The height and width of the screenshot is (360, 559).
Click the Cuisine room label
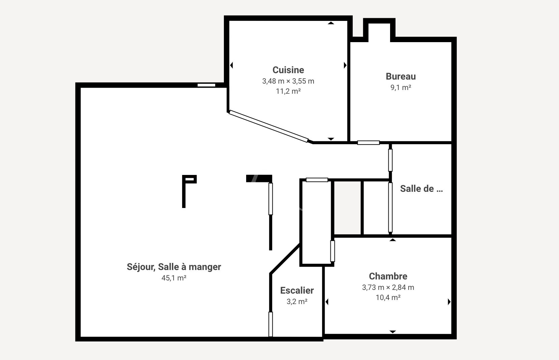[x=288, y=70]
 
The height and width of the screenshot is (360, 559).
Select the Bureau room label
[x=401, y=77]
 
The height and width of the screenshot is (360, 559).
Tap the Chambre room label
[x=388, y=276]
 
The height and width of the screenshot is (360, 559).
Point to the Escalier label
[x=297, y=291]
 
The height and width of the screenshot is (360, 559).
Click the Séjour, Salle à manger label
[x=174, y=267]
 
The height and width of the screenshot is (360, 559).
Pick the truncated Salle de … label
[x=421, y=189]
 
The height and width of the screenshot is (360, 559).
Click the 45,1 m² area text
[x=174, y=278]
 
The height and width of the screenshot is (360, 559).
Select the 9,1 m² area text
[x=401, y=88]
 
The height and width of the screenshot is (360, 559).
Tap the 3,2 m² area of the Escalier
[x=297, y=302]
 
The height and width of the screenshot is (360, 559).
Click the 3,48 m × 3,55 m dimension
[x=288, y=81]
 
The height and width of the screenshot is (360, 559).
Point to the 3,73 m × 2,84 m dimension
[x=388, y=288]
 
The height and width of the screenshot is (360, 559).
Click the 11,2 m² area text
[x=288, y=91]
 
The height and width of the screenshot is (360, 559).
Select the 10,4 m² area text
[x=388, y=298]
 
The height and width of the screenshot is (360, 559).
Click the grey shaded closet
[x=347, y=208]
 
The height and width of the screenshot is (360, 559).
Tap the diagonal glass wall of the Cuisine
[x=268, y=126]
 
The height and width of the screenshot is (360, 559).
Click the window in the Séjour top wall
[x=206, y=85]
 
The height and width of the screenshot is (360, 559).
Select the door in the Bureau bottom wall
[x=369, y=143]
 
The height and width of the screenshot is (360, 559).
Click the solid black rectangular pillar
[x=259, y=179]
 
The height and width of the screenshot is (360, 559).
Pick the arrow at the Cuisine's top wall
[x=331, y=23]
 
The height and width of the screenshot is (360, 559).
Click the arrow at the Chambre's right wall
[x=449, y=302]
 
